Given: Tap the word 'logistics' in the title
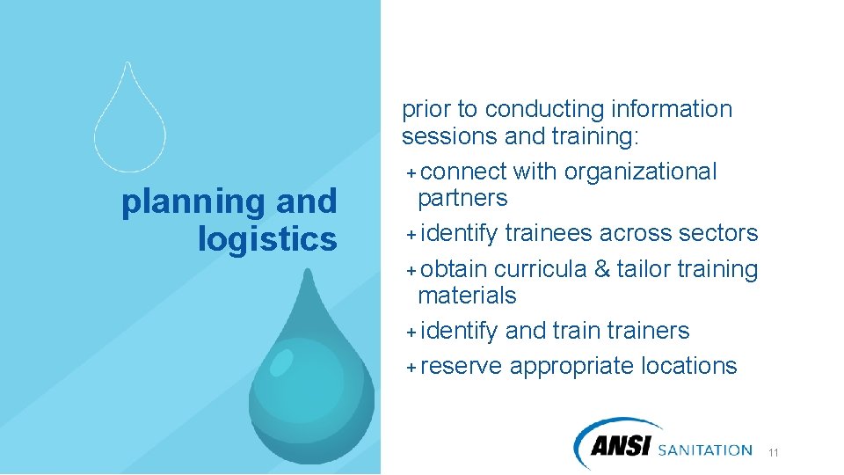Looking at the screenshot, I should (x=267, y=238).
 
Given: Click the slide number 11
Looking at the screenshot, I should (x=774, y=453).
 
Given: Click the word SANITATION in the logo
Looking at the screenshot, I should (x=705, y=449).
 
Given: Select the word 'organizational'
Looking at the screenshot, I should (x=640, y=172).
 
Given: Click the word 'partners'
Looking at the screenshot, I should (x=462, y=198).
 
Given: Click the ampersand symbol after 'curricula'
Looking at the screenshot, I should (x=601, y=269).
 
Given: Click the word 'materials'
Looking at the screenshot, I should (x=467, y=296).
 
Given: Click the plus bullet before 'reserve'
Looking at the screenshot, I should (x=411, y=367).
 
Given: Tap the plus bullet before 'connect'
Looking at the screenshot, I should (x=411, y=172).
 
